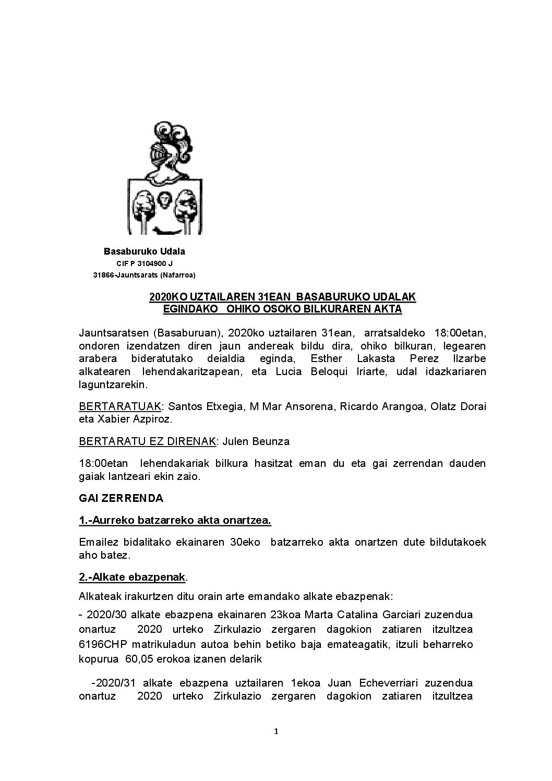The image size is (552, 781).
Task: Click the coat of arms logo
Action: (x=165, y=178)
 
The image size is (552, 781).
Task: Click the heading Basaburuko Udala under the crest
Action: (x=144, y=251)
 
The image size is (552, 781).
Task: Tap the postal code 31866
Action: (x=103, y=275)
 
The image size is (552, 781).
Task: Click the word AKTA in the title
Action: (x=387, y=309)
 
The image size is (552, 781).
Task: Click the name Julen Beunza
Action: (x=256, y=441)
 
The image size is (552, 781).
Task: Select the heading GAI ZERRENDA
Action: (x=121, y=498)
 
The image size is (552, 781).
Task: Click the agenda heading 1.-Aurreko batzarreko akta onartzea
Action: (x=175, y=520)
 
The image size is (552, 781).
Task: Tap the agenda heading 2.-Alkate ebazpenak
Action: (x=133, y=577)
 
